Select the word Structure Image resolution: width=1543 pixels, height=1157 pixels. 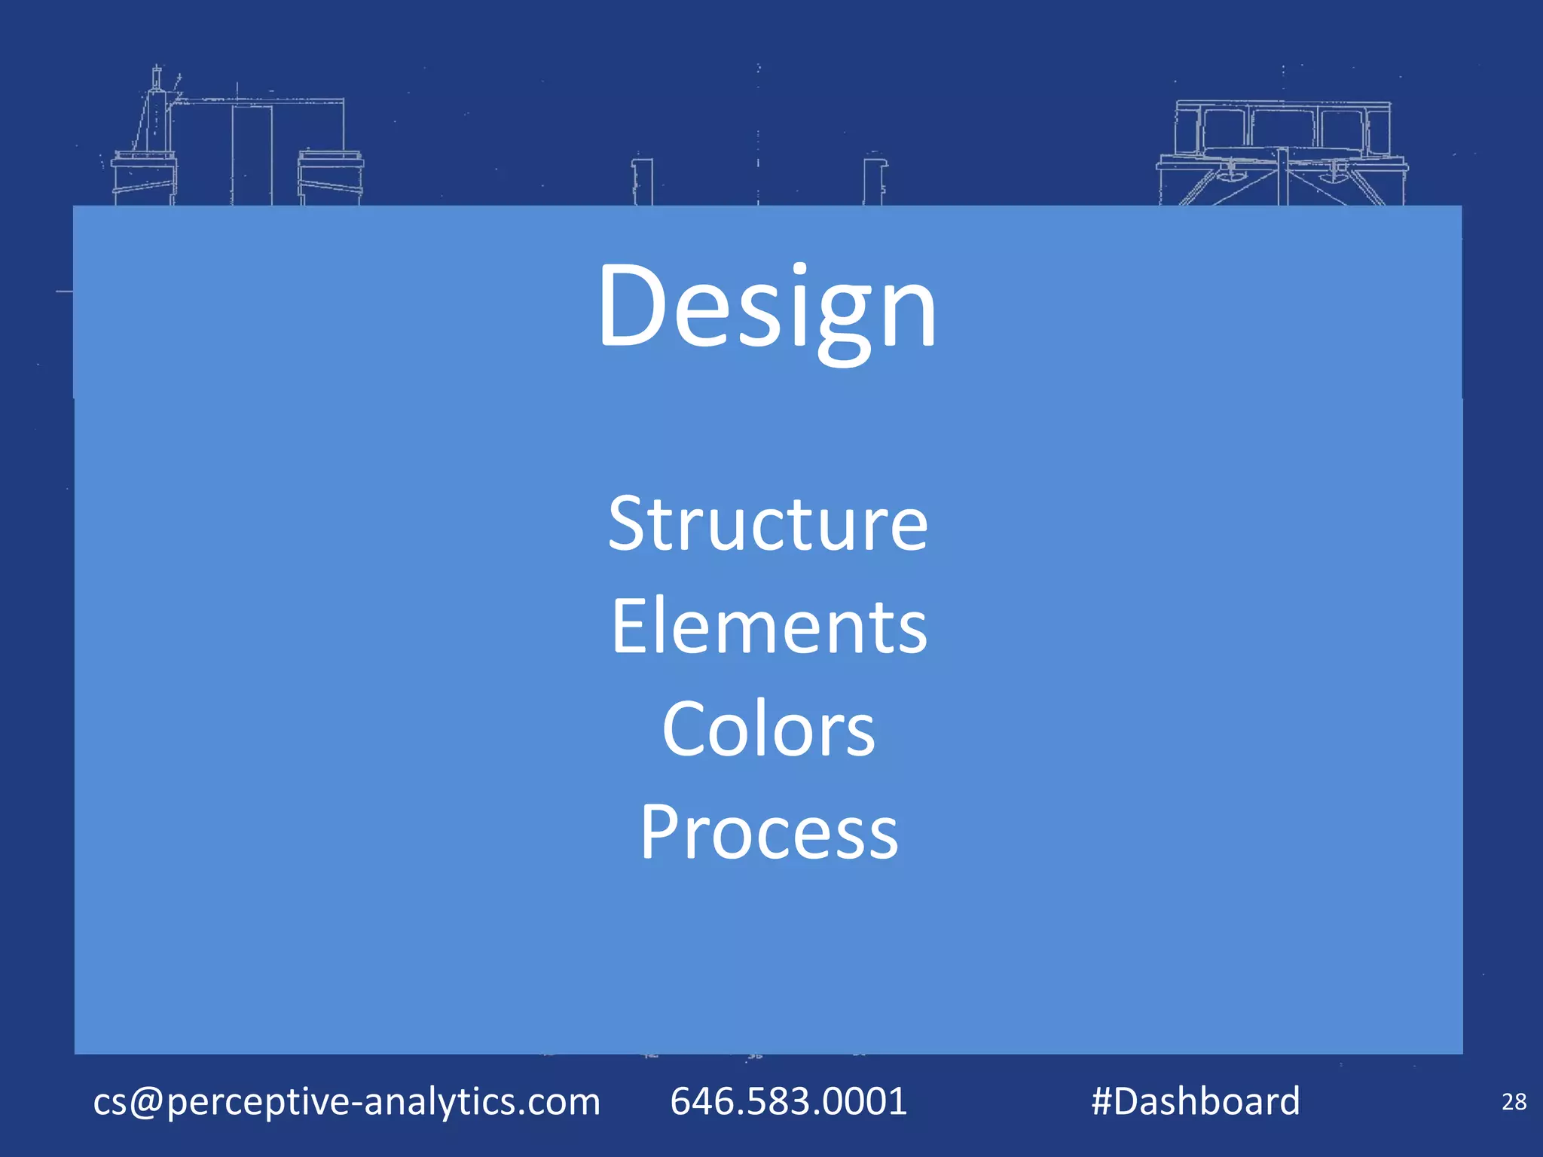[x=768, y=524]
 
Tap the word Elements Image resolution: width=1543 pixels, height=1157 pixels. [x=768, y=627]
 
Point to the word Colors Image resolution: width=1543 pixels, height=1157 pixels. [x=768, y=729]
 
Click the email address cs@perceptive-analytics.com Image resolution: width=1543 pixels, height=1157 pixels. [x=347, y=1101]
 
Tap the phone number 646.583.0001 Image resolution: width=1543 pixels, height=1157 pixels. [x=788, y=1101]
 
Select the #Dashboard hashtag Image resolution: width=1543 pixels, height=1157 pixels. [x=1196, y=1101]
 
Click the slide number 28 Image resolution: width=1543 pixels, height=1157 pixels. [x=1514, y=1102]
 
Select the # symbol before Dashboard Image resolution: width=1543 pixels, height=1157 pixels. [x=1102, y=1101]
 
